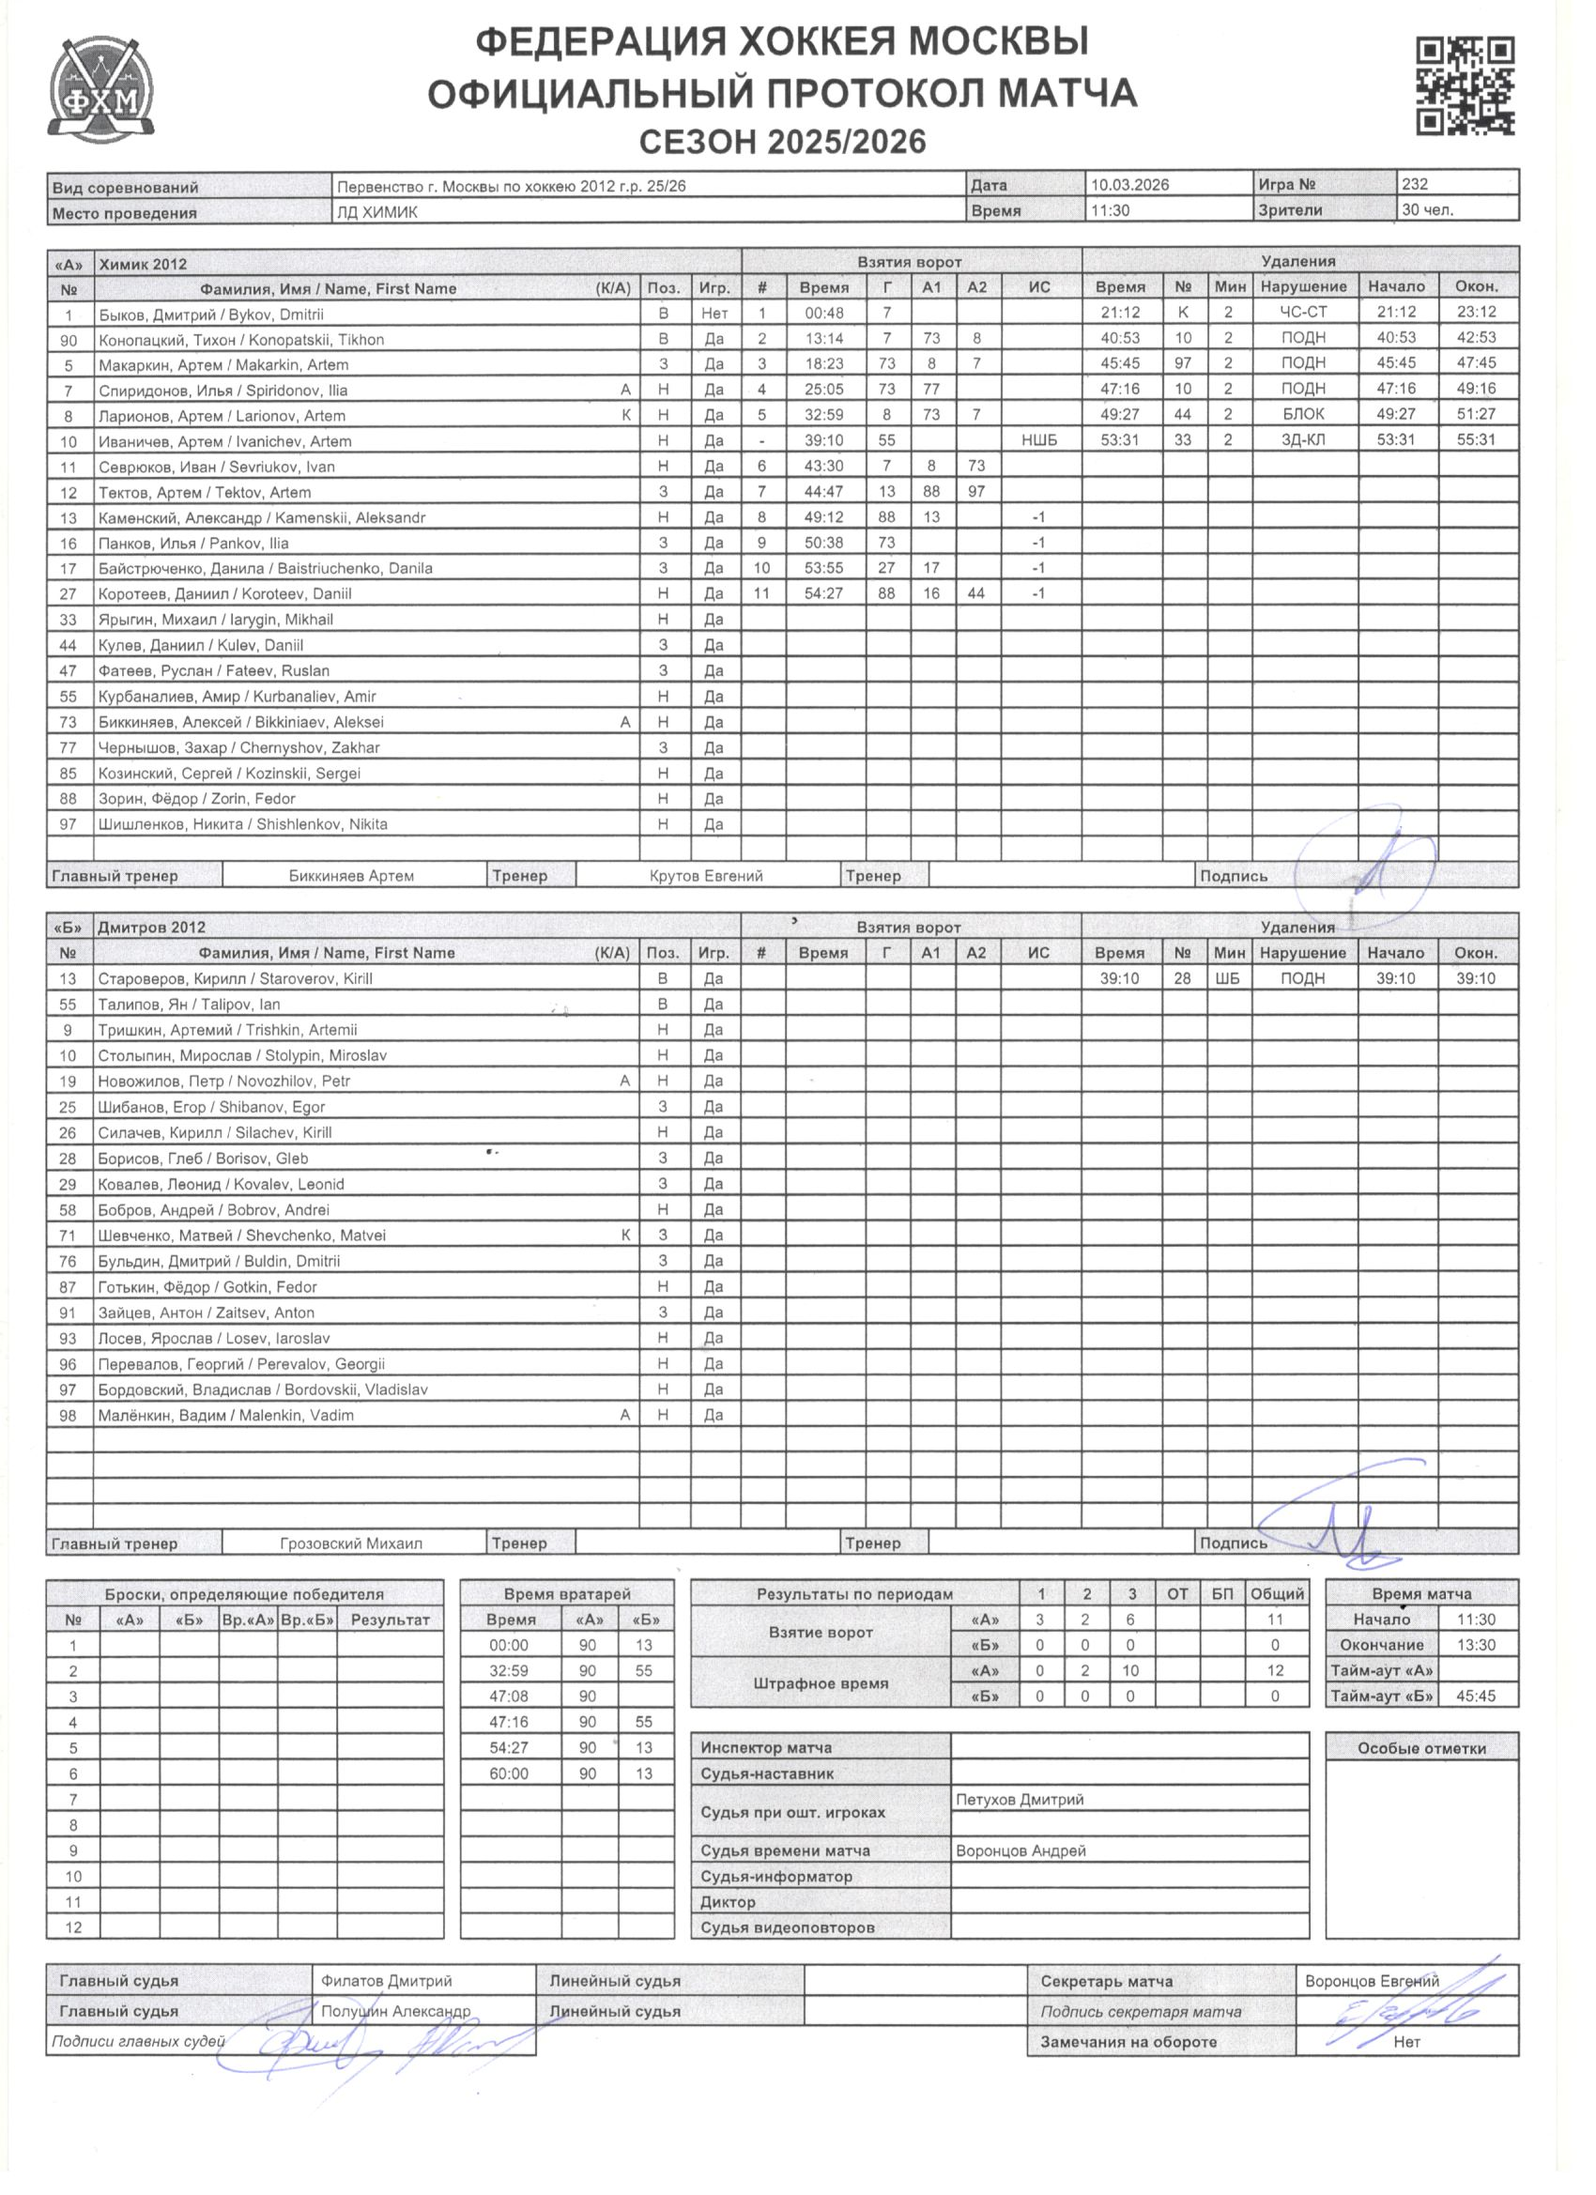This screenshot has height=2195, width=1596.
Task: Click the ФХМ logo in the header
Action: pyautogui.click(x=100, y=89)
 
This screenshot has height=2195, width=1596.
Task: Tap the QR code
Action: pyautogui.click(x=1465, y=86)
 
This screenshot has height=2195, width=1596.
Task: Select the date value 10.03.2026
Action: pyautogui.click(x=1129, y=185)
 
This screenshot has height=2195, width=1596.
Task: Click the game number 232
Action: pyautogui.click(x=1414, y=184)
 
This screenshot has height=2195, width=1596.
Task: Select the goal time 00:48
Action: pyautogui.click(x=823, y=313)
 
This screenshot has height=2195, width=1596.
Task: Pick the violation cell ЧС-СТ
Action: pyautogui.click(x=1303, y=312)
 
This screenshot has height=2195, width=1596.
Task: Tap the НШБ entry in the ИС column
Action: pyautogui.click(x=1038, y=440)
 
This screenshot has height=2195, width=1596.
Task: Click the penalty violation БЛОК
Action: pyautogui.click(x=1303, y=414)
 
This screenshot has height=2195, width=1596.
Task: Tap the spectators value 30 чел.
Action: pyautogui.click(x=1427, y=210)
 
